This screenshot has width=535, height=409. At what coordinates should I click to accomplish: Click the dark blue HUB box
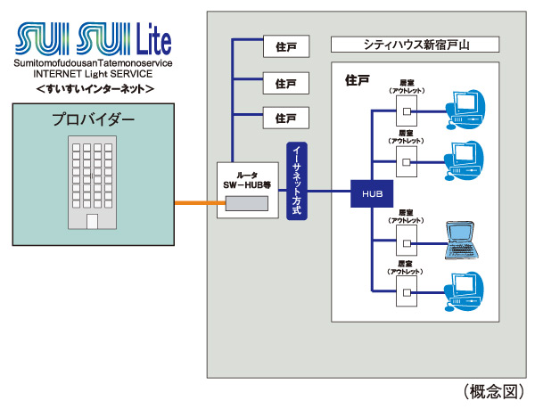point(370,192)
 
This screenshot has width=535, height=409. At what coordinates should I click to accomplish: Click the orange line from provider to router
point(195,204)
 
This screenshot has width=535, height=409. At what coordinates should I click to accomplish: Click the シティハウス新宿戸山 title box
point(414,45)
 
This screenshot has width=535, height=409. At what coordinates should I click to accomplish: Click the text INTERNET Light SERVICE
point(90,75)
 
